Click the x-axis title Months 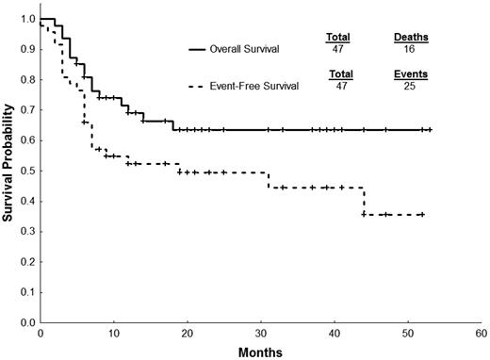click(x=260, y=351)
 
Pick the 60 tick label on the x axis click(x=482, y=334)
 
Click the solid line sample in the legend click(x=210, y=47)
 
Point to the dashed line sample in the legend click(x=210, y=86)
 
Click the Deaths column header click(x=410, y=37)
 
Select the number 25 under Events click(x=410, y=85)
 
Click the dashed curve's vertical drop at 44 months click(x=364, y=201)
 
